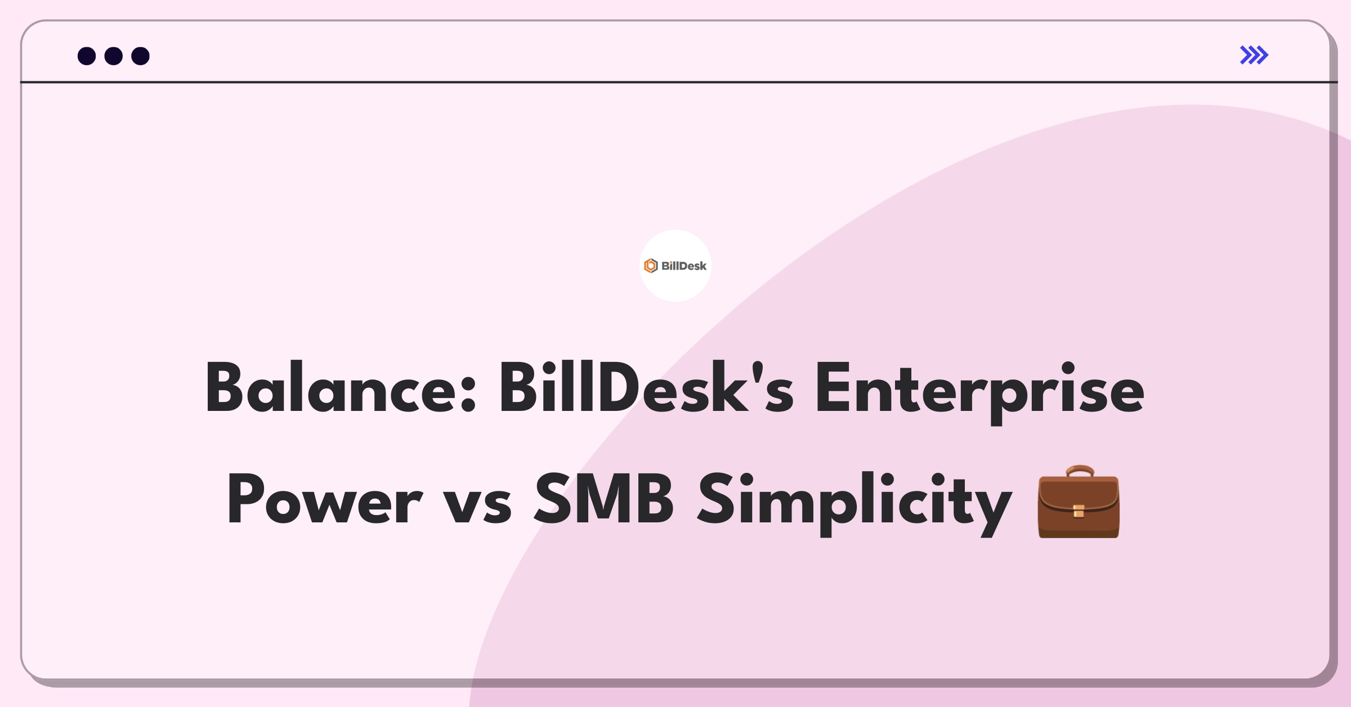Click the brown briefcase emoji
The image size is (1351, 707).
point(1079,502)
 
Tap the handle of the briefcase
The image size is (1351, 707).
point(1079,472)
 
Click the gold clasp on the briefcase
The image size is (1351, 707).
point(1079,511)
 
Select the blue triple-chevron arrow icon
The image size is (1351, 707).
point(1254,55)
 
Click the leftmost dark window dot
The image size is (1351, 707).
point(87,56)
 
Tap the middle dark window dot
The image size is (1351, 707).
point(114,56)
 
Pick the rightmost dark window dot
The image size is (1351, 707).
point(141,56)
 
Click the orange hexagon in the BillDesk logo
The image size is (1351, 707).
point(651,266)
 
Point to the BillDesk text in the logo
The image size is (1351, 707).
point(684,266)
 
